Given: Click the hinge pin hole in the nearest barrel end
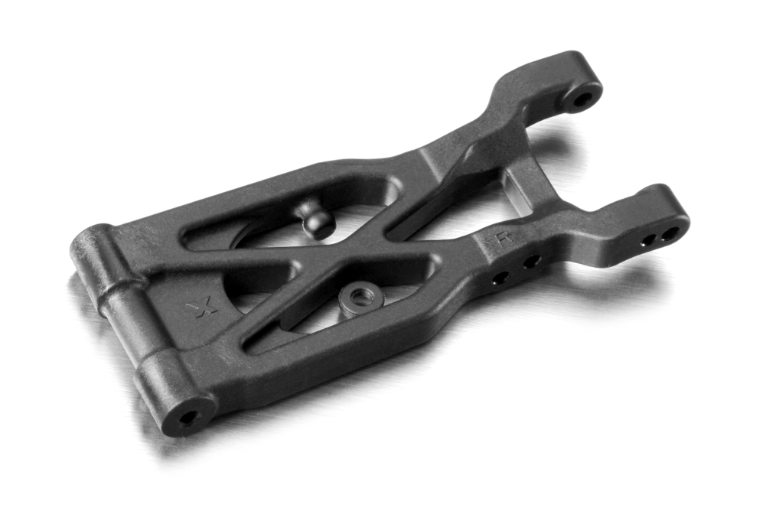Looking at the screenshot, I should pyautogui.click(x=187, y=418).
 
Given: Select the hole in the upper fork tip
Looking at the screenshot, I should pyautogui.click(x=583, y=97).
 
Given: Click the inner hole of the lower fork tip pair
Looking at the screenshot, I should pyautogui.click(x=649, y=239).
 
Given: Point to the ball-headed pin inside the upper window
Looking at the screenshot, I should pyautogui.click(x=316, y=219).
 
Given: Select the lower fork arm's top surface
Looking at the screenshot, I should pyautogui.click(x=612, y=222).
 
